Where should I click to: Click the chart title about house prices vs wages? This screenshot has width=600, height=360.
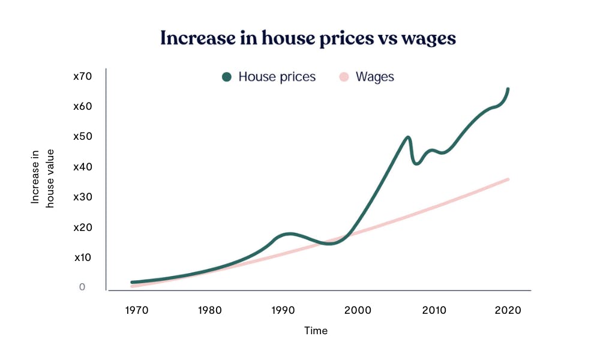[x=308, y=38]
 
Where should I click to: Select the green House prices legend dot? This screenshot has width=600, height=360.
[x=227, y=77]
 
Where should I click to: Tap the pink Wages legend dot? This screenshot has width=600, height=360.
[x=344, y=77]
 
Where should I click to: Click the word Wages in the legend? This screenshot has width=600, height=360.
[x=374, y=77]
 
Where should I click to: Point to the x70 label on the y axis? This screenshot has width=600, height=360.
[x=82, y=76]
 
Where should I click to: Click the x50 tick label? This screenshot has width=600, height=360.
[x=82, y=136]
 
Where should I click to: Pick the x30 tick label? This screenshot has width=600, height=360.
[x=82, y=197]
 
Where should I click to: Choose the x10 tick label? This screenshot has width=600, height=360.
[x=83, y=257]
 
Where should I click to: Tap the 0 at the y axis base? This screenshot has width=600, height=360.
[x=82, y=287]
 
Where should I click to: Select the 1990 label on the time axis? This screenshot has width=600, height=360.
[x=283, y=310]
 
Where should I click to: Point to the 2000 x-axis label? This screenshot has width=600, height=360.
[x=359, y=310]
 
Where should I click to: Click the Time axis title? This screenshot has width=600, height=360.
[x=316, y=331]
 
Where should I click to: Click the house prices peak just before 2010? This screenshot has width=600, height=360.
[x=408, y=137]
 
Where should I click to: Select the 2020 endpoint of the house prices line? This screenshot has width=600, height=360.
[x=508, y=89]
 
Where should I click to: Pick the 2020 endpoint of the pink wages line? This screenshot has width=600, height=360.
[x=508, y=179]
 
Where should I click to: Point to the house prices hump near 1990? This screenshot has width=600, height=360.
[x=290, y=233]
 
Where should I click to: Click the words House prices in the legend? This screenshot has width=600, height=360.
[x=277, y=77]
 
